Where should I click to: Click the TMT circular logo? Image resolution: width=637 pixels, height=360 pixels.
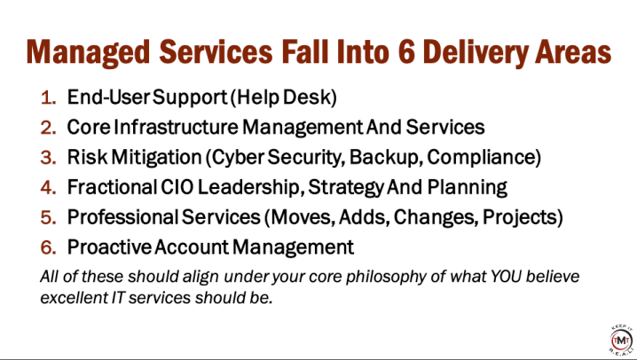(x=622, y=340)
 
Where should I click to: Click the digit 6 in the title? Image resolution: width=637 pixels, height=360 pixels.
(x=406, y=52)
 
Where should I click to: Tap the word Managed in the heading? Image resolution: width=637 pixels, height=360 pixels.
(x=88, y=53)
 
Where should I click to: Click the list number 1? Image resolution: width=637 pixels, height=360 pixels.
(x=48, y=98)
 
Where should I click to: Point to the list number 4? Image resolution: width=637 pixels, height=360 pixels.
(x=48, y=187)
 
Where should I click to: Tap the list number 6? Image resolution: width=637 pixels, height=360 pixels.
(x=48, y=247)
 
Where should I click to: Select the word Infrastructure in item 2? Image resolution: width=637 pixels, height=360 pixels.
(x=176, y=127)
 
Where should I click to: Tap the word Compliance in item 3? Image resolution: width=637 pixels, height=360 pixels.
(x=481, y=158)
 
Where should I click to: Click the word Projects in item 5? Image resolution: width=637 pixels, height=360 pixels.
(x=520, y=218)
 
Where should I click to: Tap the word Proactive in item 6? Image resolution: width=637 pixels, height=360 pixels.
(x=109, y=247)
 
